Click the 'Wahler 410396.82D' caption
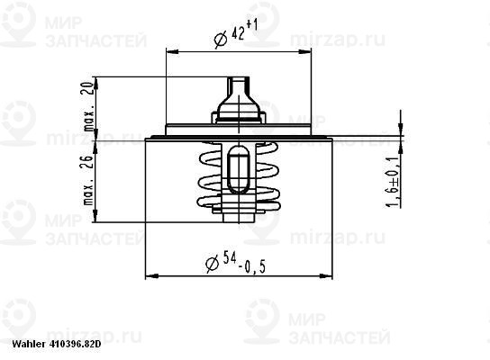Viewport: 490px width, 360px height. point(51,345)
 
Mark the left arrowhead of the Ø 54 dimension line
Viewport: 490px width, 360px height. point(150,274)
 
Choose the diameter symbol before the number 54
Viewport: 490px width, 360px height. point(213,265)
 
